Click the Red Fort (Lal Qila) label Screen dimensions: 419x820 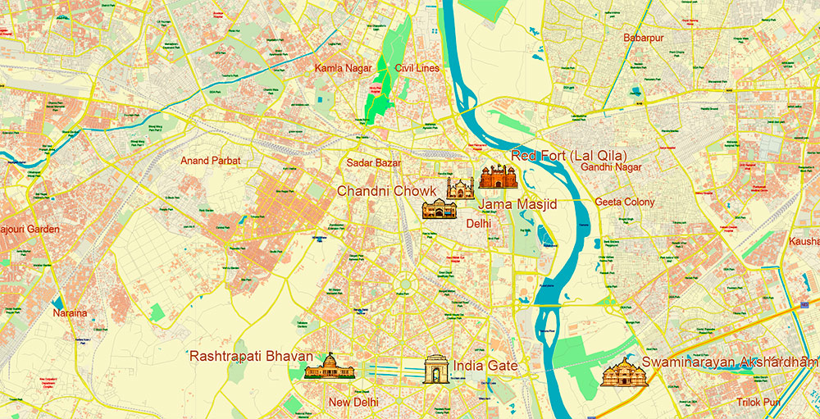coord(568,156)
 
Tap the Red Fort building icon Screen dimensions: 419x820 coord(496,176)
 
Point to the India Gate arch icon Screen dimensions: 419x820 coord(436,370)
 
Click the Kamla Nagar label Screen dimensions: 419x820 coord(343,68)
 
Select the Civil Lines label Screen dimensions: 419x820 coord(417,68)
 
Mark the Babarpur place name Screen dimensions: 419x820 coord(643,38)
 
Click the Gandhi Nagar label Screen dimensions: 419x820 coord(611,167)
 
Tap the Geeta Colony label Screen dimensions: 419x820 coord(625,202)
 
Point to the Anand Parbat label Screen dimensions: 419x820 coord(211,161)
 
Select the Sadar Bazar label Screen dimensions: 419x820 coord(374,163)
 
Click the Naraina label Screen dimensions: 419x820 coord(70,313)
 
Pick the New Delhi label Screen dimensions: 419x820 coord(353,402)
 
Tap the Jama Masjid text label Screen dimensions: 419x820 coord(517,203)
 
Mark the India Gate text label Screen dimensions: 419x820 coord(485,366)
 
